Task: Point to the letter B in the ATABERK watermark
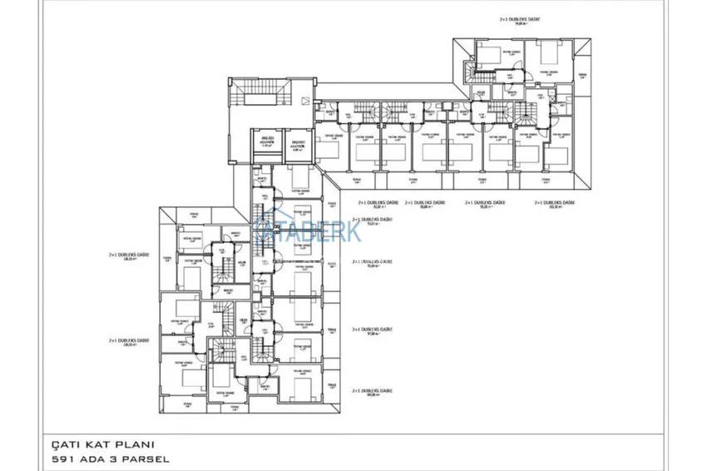click(x=308, y=231)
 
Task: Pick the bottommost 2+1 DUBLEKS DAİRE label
click(x=372, y=391)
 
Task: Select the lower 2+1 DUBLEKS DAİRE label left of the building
click(x=129, y=340)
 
